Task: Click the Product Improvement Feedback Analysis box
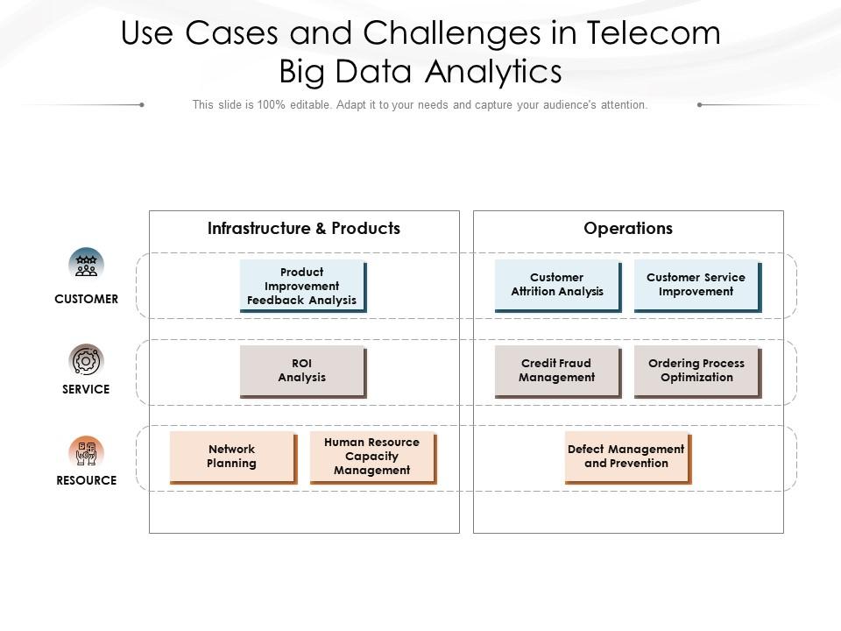pyautogui.click(x=302, y=286)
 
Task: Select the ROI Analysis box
pyautogui.click(x=302, y=371)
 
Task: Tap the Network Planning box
pyautogui.click(x=232, y=456)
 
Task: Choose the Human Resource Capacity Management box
pyautogui.click(x=371, y=456)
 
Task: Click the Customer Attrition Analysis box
pyautogui.click(x=557, y=285)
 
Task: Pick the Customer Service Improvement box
pyautogui.click(x=696, y=285)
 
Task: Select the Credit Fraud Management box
pyautogui.click(x=557, y=371)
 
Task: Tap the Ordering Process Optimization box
pyautogui.click(x=696, y=371)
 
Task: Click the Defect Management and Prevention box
pyautogui.click(x=627, y=456)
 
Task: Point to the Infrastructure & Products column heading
pyautogui.click(x=304, y=229)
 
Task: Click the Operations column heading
pyautogui.click(x=628, y=229)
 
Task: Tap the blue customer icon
pyautogui.click(x=86, y=265)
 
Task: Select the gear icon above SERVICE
pyautogui.click(x=86, y=360)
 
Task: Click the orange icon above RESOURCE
pyautogui.click(x=86, y=452)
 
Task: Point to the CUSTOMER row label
pyautogui.click(x=86, y=299)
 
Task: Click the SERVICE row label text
pyautogui.click(x=86, y=389)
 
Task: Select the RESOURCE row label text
pyautogui.click(x=86, y=480)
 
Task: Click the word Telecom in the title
pyautogui.click(x=654, y=33)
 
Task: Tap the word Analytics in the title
pyautogui.click(x=493, y=71)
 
